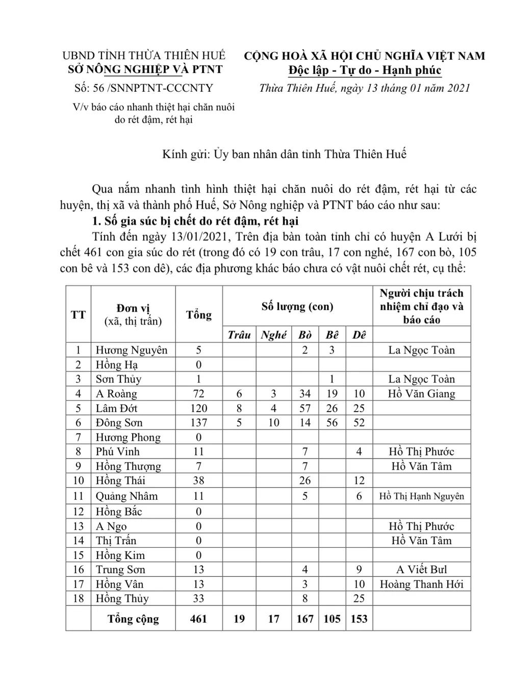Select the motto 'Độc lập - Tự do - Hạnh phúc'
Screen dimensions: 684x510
(x=365, y=70)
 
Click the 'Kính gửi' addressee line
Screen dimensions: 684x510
(x=284, y=154)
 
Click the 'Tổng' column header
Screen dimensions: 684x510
(x=198, y=314)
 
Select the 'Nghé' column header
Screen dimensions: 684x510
(x=273, y=335)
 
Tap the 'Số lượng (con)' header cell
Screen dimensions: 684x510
(x=297, y=307)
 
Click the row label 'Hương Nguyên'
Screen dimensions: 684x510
(x=132, y=350)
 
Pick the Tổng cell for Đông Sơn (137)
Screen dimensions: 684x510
(x=198, y=422)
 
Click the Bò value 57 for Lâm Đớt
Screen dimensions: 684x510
(x=305, y=408)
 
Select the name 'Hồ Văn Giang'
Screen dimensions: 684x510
(x=421, y=393)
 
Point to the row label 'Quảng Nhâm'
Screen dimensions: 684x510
(x=127, y=496)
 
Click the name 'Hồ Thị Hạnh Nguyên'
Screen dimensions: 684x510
(x=421, y=496)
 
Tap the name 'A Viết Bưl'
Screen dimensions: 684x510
(x=421, y=569)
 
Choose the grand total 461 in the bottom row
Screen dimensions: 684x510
(x=198, y=619)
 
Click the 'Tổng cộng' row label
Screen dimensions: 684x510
(x=133, y=619)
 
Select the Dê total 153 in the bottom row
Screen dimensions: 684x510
(x=359, y=619)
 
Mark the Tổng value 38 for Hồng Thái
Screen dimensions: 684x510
(x=198, y=480)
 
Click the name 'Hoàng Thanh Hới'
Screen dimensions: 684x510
(x=421, y=584)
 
